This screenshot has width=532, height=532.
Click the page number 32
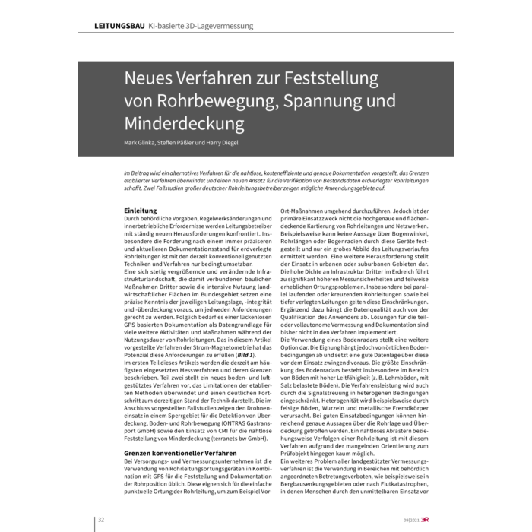100,520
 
